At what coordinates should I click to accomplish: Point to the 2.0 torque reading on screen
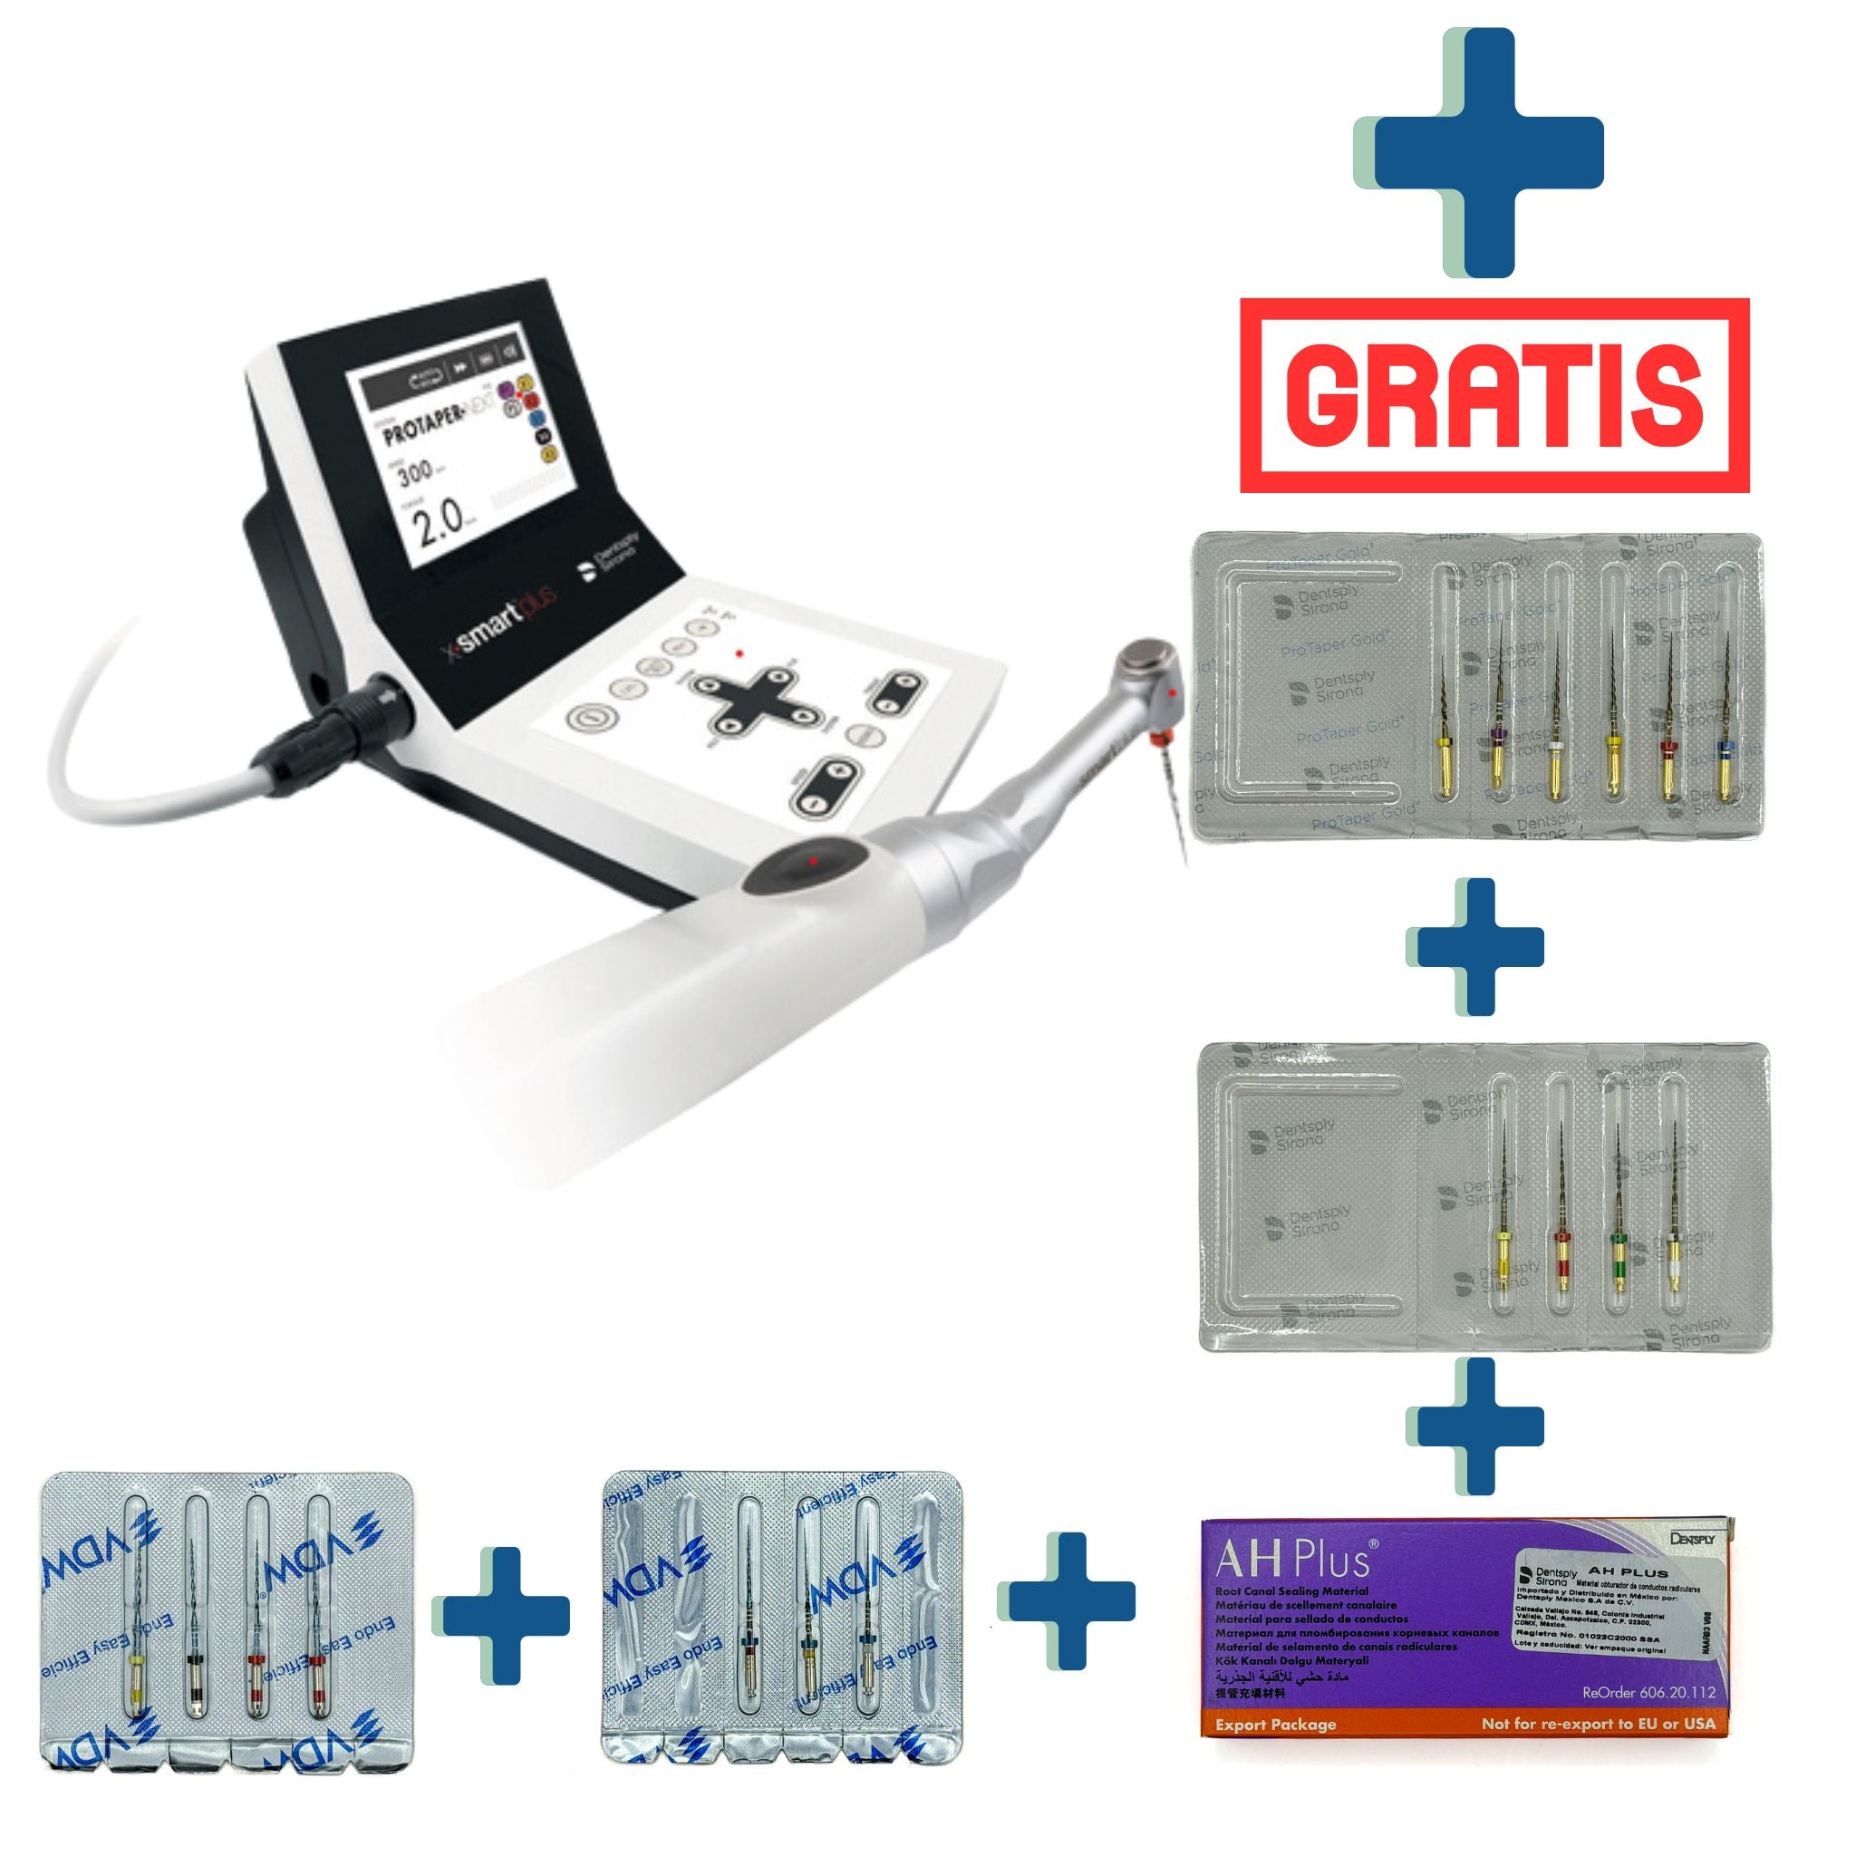coord(443,526)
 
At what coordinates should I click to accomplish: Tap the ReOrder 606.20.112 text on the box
coord(1648,1692)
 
